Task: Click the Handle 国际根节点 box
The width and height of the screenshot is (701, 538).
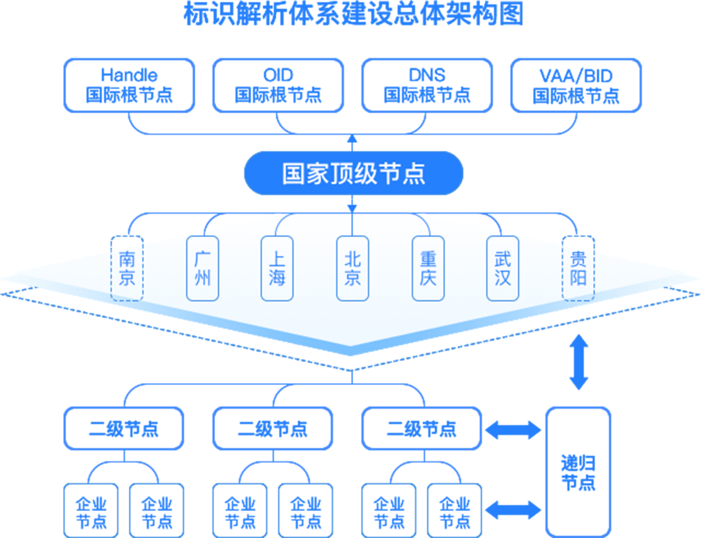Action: coord(129,85)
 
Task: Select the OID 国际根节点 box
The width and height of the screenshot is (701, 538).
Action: coord(278,85)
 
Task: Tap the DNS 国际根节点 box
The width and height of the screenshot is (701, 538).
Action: coord(427,85)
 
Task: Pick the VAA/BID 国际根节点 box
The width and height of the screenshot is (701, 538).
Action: coord(576,85)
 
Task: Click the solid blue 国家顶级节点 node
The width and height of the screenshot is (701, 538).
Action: coord(353,173)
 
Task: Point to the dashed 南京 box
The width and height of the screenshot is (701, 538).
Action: coord(127,269)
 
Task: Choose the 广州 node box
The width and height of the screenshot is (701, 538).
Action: coord(202,269)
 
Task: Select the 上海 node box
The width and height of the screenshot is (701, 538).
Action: coord(278,269)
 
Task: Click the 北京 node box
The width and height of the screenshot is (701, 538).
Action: coord(353,269)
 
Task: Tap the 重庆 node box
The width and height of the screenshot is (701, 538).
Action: coord(428,269)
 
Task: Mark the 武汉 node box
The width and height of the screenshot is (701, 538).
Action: coord(503,269)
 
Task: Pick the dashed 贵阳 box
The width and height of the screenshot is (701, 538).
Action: coord(578,269)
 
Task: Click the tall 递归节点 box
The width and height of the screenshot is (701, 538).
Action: coord(578,472)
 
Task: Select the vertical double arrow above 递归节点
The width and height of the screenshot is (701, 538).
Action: coord(578,362)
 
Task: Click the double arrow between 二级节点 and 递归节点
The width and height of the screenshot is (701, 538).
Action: coord(513,431)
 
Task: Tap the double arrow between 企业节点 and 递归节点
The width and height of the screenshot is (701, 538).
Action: coord(513,510)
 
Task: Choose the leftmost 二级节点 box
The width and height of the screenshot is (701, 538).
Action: coord(124,428)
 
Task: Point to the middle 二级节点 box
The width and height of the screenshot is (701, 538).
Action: coord(273,428)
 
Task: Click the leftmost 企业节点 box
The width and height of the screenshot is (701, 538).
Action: coord(91,510)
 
